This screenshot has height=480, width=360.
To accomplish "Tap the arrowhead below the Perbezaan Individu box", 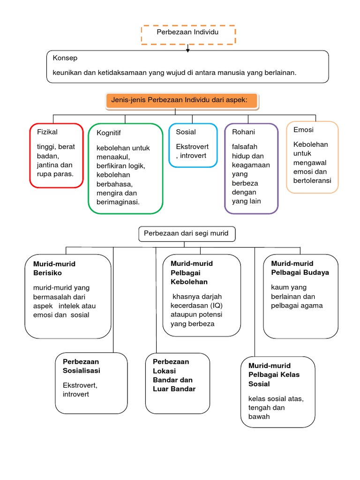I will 188,50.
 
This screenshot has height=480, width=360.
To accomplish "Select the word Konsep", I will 65,58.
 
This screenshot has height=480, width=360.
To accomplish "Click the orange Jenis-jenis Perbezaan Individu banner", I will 183,100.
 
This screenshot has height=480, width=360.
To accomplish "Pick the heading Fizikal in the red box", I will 47,132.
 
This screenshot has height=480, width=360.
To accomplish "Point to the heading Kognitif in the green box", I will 109,133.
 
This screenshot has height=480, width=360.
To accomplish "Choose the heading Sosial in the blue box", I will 186,132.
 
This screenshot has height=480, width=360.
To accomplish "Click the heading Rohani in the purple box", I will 243,132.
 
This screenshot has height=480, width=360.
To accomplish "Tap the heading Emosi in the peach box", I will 303,130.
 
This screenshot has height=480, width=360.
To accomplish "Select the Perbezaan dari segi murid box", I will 187,233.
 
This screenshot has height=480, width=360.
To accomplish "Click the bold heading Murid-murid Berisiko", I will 54,268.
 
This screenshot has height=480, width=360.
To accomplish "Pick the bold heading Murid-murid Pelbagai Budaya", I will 300,268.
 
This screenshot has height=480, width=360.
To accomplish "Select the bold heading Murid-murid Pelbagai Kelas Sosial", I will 274,375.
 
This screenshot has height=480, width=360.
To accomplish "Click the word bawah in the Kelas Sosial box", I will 259,416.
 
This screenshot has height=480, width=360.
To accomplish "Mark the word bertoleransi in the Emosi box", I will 312,180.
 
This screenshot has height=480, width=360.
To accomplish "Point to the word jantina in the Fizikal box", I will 48,165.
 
